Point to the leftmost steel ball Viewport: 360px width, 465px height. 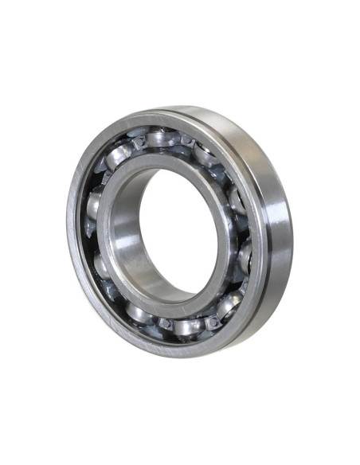[x=94, y=205]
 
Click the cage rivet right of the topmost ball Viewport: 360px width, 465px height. [x=188, y=140]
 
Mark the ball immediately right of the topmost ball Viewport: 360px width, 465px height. [x=209, y=151]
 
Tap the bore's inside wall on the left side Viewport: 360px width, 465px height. [x=127, y=239]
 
